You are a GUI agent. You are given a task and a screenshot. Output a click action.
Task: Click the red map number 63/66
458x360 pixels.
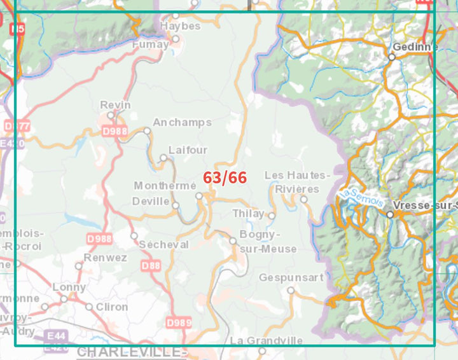(225, 177)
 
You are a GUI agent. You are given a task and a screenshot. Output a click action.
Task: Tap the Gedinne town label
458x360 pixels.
(415, 46)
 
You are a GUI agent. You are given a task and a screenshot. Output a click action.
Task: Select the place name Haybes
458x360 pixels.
(180, 26)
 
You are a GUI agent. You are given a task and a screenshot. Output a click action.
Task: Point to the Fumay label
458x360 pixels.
(151, 45)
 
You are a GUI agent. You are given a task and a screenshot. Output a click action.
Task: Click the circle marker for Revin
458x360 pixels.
(111, 115)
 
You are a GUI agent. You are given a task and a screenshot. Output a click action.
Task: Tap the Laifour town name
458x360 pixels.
(188, 150)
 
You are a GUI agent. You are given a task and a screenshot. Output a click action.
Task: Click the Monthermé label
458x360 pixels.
(165, 186)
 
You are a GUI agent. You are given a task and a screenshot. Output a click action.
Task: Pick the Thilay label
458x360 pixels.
(247, 213)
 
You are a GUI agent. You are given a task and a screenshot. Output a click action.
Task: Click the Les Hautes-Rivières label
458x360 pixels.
(297, 182)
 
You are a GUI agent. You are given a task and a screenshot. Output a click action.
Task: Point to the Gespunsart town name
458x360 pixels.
(291, 277)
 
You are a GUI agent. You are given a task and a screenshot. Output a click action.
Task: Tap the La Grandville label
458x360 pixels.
(266, 340)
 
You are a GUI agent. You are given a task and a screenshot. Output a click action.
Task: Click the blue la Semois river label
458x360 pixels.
(362, 197)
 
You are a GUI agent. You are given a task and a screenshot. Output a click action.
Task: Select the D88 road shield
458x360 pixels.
(151, 266)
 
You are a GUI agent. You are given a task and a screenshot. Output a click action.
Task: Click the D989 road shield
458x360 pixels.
(178, 323)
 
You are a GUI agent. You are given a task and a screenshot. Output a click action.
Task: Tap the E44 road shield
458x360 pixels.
(56, 335)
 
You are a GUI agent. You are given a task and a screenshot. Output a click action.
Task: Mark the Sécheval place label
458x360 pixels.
(163, 245)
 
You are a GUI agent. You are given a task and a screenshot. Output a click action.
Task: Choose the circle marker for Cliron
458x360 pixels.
(90, 307)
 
